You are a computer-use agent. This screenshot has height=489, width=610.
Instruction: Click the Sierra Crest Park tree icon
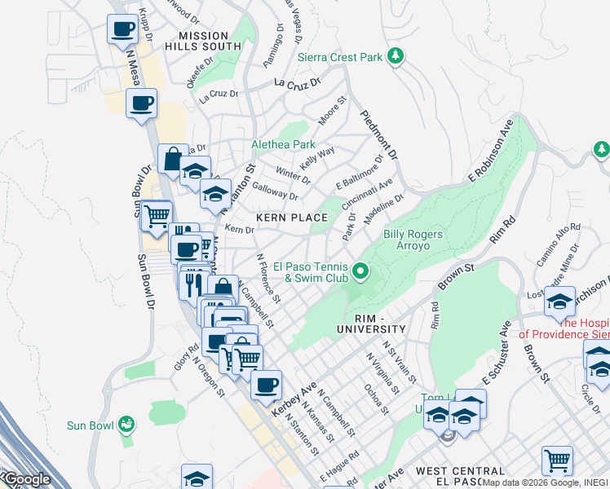point(396,55)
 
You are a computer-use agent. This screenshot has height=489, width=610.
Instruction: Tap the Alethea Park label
point(283,144)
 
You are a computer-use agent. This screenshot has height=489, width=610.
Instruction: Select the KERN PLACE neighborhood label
point(292,218)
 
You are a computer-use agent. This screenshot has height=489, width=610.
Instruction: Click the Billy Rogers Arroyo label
point(413,240)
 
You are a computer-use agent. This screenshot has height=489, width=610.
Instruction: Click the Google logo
point(26,480)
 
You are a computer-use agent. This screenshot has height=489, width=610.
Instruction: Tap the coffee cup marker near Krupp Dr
point(122,29)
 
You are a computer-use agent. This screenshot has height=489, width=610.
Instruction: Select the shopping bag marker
point(172,160)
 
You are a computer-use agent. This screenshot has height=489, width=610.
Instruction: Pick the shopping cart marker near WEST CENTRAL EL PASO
point(557,460)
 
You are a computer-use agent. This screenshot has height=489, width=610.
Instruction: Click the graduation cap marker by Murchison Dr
point(559,302)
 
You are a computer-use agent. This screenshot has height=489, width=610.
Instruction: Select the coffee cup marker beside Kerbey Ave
point(265,385)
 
